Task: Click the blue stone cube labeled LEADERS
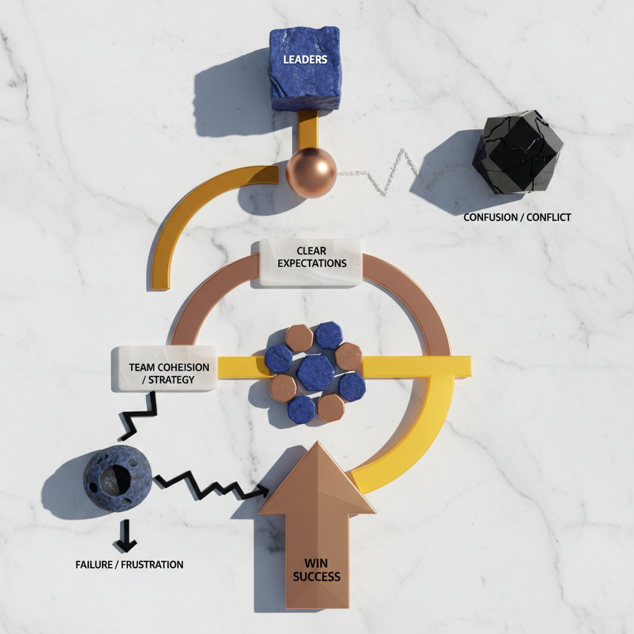tap(305, 68)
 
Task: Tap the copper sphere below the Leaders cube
tap(311, 172)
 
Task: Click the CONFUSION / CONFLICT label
tap(517, 217)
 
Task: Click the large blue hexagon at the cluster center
tap(316, 373)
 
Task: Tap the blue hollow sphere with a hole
tap(117, 478)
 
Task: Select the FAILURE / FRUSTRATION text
tap(129, 564)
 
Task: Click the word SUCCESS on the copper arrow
tap(316, 577)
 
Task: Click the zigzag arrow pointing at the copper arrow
tap(211, 485)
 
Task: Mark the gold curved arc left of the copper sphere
tap(186, 211)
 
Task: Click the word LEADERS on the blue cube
tap(305, 60)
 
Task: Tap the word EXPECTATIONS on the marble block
tap(311, 263)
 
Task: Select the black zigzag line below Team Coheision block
tap(139, 418)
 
